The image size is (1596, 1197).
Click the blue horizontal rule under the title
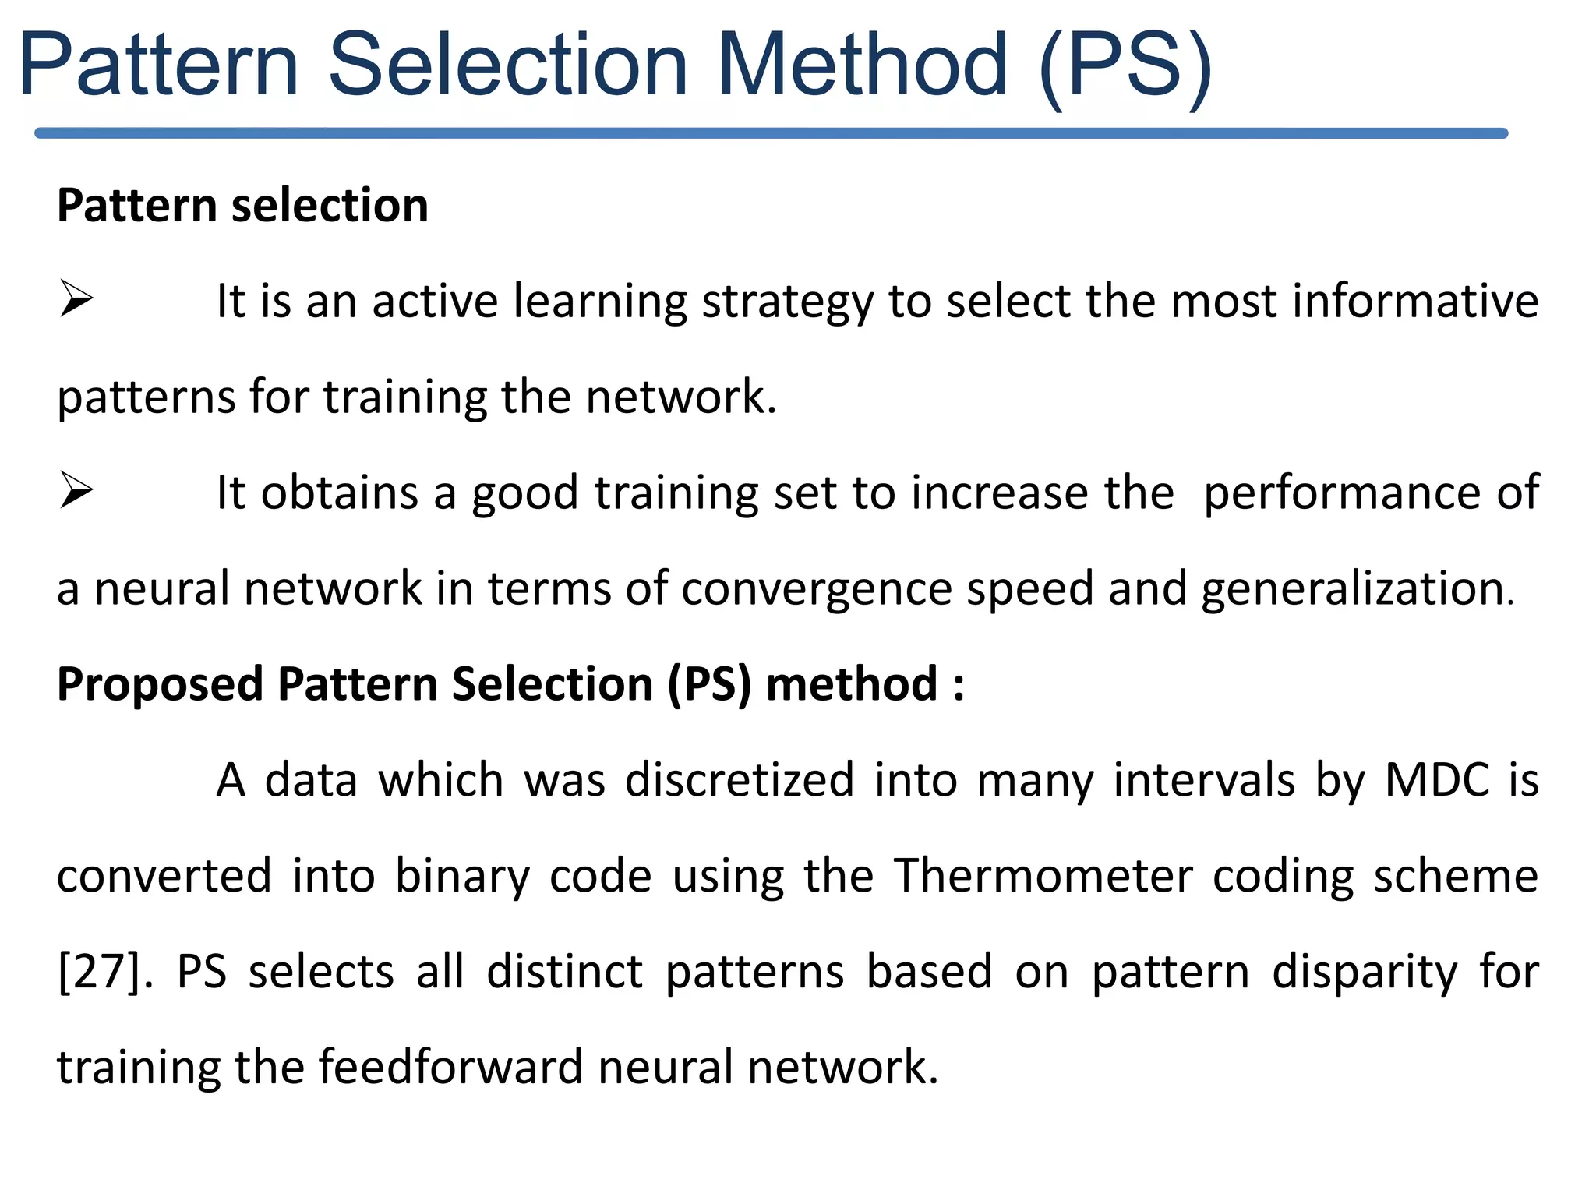(772, 133)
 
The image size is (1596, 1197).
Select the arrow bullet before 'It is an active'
(76, 300)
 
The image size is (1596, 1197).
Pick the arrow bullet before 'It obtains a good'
(76, 492)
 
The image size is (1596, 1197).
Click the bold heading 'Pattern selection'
(242, 206)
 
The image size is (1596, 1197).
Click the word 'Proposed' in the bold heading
(160, 685)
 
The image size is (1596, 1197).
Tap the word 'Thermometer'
(1043, 875)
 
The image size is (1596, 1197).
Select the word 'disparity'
(1365, 973)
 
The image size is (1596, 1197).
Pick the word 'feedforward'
(450, 1067)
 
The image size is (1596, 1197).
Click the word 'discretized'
(740, 780)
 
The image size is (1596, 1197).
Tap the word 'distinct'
(565, 972)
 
